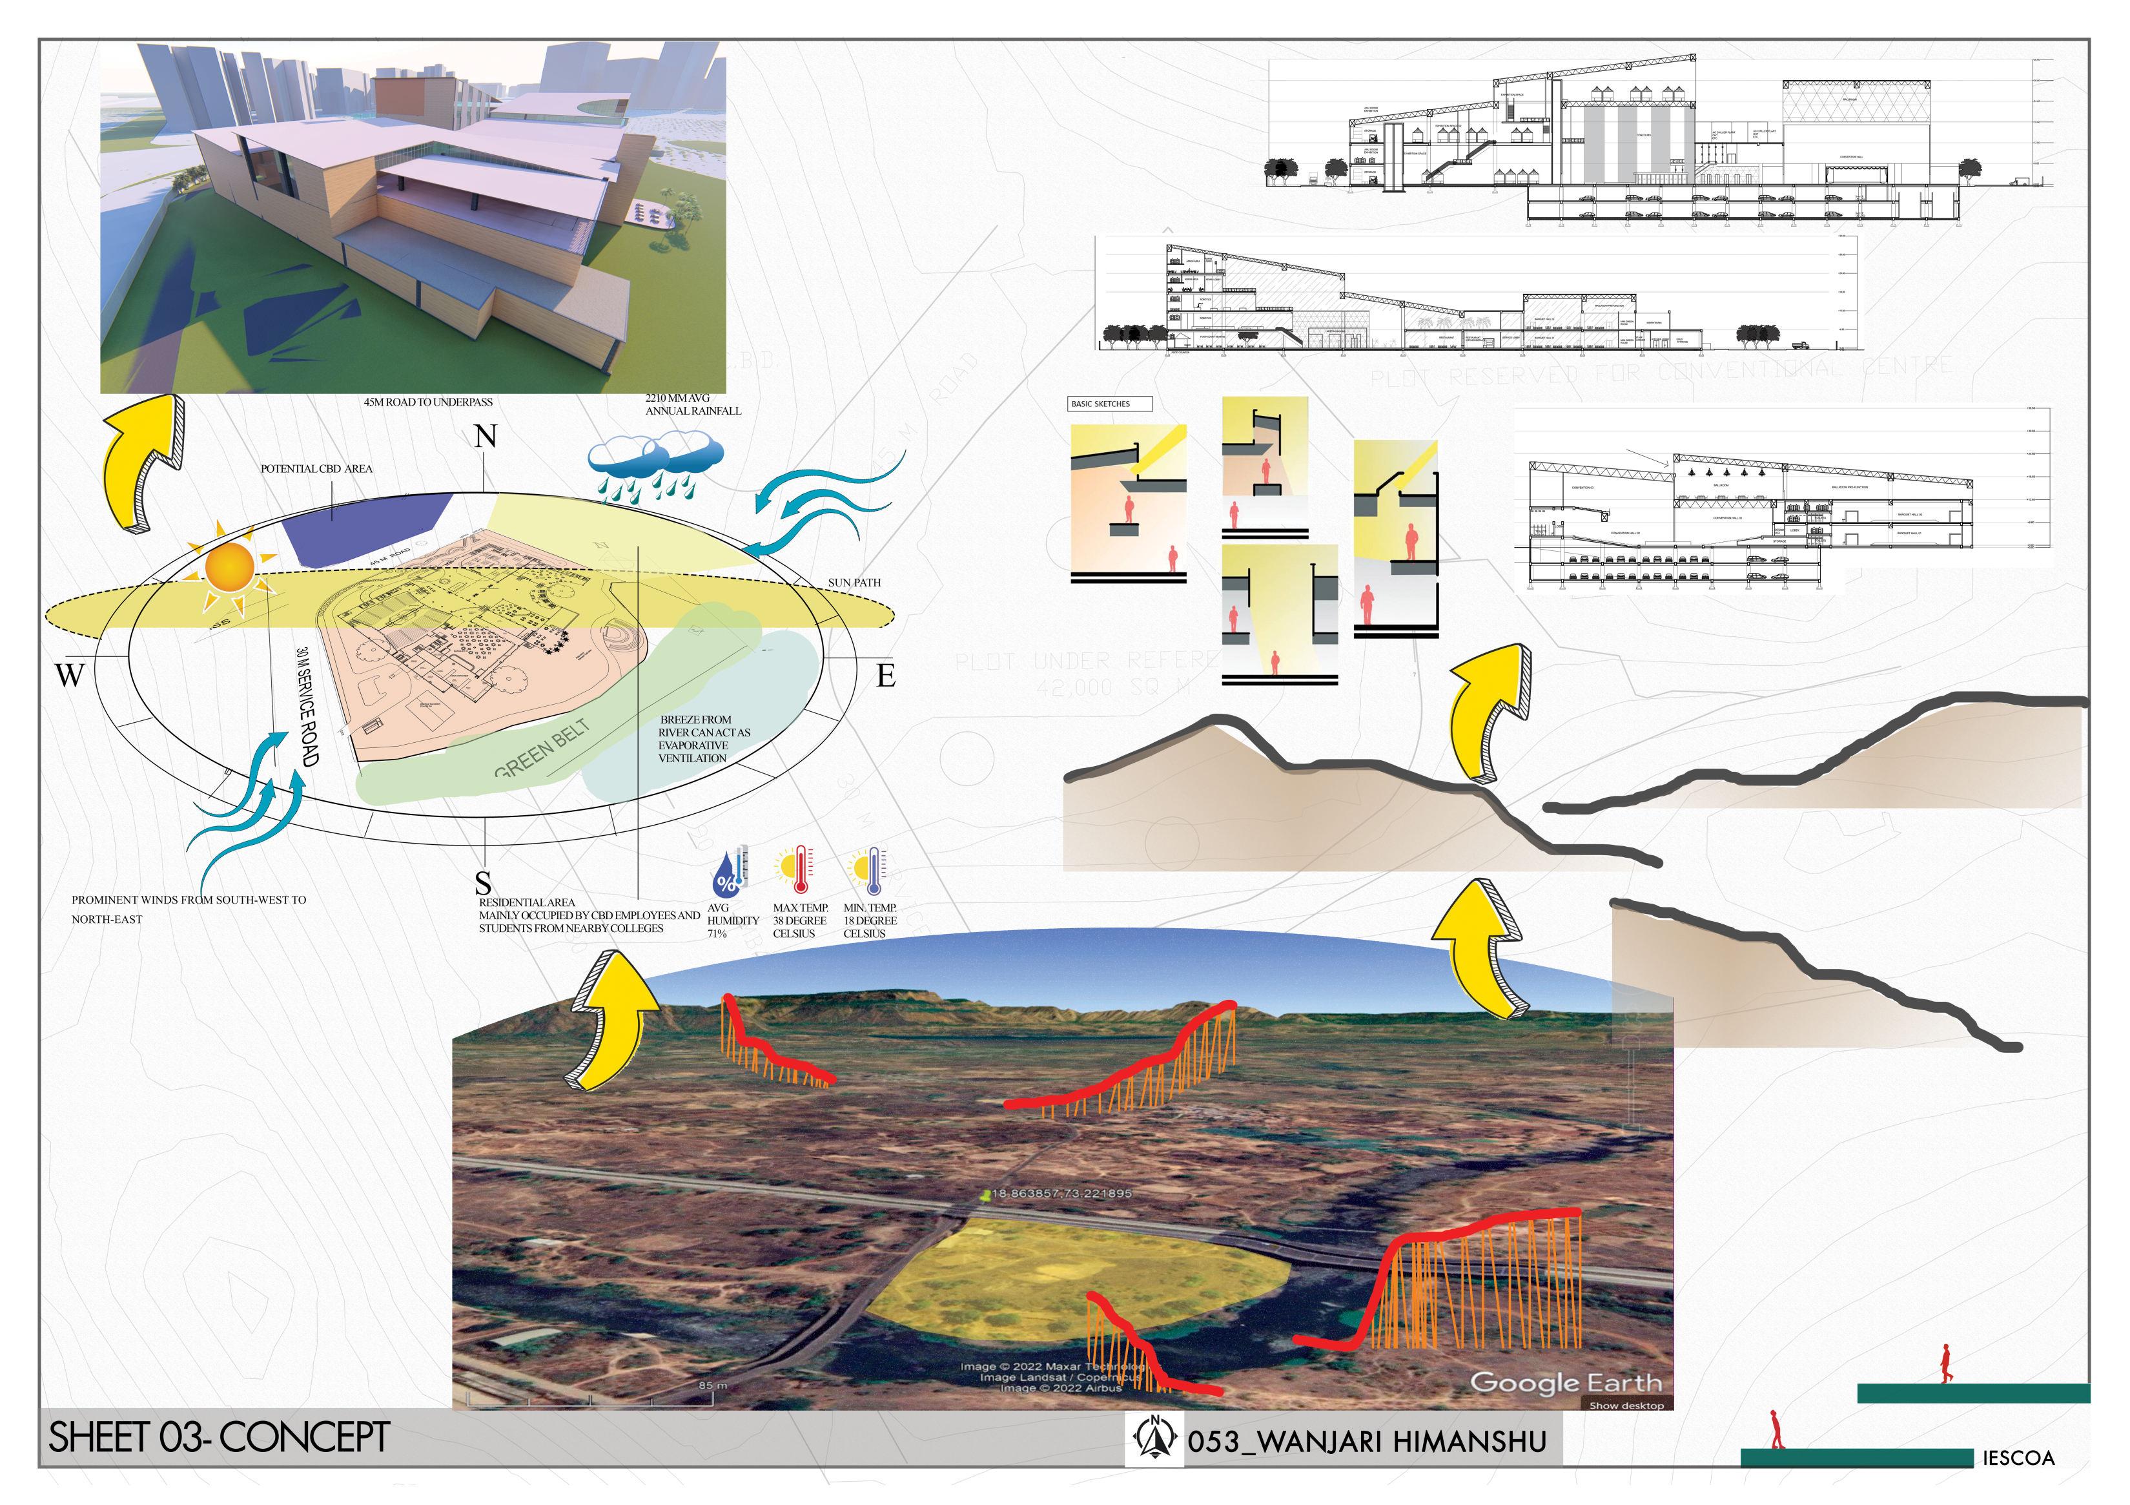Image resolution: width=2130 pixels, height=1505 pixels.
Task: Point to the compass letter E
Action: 886,676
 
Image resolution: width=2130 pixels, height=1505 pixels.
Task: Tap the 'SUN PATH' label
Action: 854,583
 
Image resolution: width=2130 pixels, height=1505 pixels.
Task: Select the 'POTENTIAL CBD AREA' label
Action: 316,468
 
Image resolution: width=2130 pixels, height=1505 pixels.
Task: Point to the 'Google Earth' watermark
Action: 1565,1382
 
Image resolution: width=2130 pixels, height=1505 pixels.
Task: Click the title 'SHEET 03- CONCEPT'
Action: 219,1437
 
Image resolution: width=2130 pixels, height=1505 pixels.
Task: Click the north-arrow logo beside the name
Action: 1155,1439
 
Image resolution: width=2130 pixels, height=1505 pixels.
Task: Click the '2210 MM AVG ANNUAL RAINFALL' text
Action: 692,404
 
